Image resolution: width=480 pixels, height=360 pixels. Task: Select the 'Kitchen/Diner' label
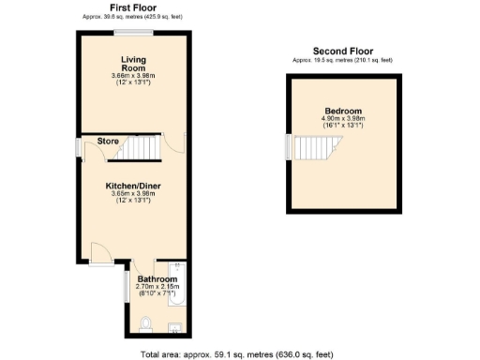pyautogui.click(x=132, y=186)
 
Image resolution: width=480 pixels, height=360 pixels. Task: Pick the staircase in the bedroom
pyautogui.click(x=313, y=146)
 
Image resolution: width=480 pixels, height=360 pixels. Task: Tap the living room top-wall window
pyautogui.click(x=132, y=34)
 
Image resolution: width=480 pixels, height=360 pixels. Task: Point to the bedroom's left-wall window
pyautogui.click(x=289, y=146)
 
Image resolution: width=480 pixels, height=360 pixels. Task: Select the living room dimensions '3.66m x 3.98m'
pyautogui.click(x=132, y=75)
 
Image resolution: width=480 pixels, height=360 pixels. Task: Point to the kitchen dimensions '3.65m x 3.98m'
pyautogui.click(x=132, y=193)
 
